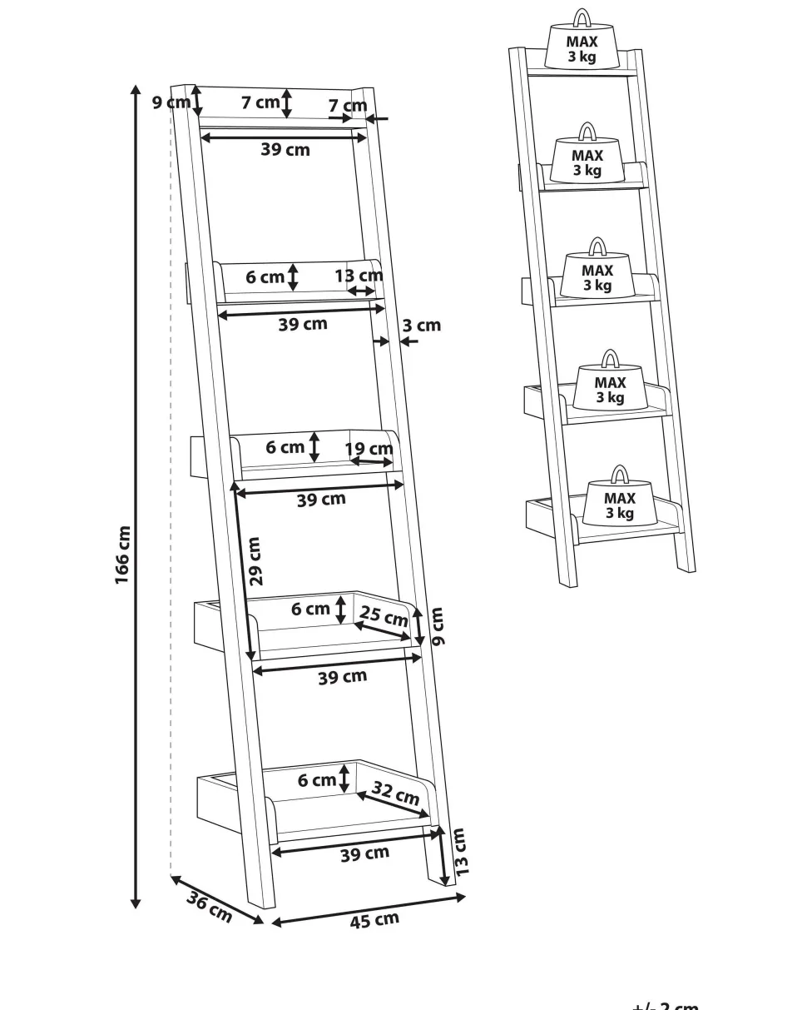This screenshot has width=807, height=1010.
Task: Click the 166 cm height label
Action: (x=123, y=555)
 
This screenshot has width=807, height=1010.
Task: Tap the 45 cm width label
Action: (x=374, y=920)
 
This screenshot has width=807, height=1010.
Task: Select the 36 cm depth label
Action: (x=209, y=906)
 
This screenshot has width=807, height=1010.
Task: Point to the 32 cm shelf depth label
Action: (x=395, y=793)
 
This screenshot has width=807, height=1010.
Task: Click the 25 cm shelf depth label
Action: (x=384, y=617)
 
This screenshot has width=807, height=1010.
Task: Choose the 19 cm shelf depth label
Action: (x=369, y=449)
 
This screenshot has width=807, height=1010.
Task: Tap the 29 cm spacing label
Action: (x=255, y=560)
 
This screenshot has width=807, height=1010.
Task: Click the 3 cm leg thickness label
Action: (x=422, y=325)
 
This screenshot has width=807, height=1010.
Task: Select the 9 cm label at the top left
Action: (x=171, y=102)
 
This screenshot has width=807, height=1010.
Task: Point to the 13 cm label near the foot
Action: (x=460, y=851)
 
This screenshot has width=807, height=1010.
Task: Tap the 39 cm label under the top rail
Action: (x=285, y=150)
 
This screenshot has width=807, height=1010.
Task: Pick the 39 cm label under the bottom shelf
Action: (x=364, y=853)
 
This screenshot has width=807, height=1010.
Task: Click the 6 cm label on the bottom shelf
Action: (x=317, y=780)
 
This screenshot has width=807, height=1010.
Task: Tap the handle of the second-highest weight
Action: (x=587, y=132)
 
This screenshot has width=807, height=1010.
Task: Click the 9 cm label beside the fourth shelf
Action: (x=438, y=626)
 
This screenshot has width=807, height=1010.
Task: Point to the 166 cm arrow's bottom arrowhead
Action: (x=136, y=903)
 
